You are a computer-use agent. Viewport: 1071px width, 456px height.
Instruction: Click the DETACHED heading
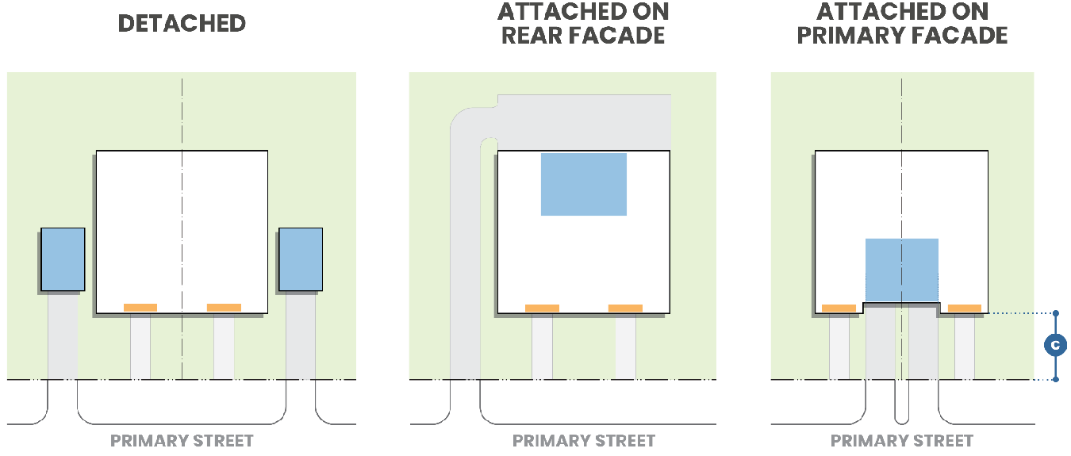click(x=182, y=23)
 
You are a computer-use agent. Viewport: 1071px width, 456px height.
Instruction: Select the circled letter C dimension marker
click(x=1055, y=346)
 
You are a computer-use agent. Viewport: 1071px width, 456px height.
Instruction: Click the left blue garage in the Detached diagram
click(x=63, y=259)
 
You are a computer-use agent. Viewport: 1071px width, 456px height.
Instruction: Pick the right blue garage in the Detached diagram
click(x=301, y=259)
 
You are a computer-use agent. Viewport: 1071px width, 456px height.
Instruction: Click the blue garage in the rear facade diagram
click(x=584, y=184)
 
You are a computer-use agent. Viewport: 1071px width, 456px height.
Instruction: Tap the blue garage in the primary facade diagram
click(x=902, y=270)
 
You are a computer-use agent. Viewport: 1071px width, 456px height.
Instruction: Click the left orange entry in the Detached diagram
click(x=140, y=308)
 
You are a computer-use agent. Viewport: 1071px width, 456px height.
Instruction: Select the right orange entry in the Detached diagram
click(x=224, y=308)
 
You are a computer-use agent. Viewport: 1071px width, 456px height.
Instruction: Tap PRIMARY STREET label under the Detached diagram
click(x=182, y=441)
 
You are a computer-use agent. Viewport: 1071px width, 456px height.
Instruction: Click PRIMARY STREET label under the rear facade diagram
click(x=584, y=441)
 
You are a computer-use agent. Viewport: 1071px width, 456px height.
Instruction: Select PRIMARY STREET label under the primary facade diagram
click(x=902, y=441)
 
